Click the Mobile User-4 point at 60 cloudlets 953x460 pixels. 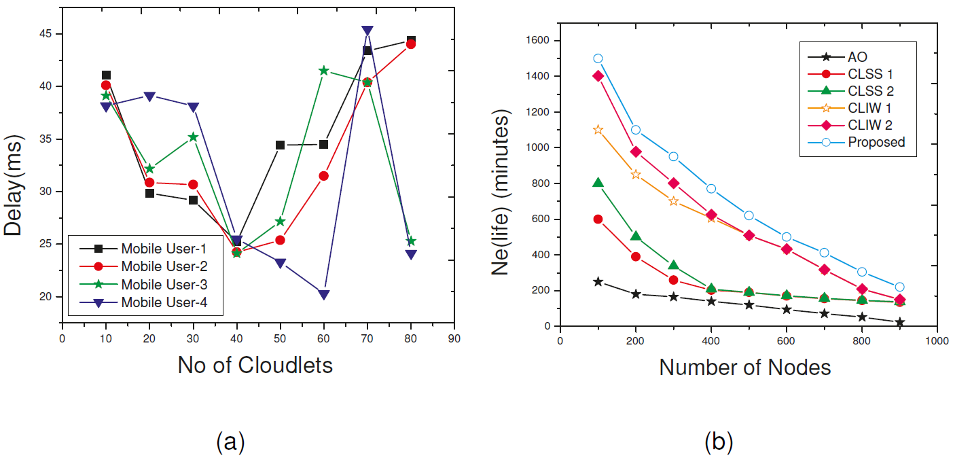[323, 295]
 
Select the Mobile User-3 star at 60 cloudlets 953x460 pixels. [323, 71]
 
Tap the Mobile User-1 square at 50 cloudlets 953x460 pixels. [280, 145]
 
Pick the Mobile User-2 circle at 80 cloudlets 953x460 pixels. [410, 44]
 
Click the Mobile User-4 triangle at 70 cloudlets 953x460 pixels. [367, 31]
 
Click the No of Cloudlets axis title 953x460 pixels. [255, 365]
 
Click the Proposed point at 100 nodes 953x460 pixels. [598, 58]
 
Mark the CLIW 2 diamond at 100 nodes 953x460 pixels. [598, 75]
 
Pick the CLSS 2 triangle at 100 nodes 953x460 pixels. [598, 183]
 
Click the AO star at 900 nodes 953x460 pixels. [899, 322]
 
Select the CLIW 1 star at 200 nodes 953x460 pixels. [636, 175]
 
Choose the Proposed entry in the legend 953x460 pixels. [876, 142]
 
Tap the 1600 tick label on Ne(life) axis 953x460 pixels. [537, 41]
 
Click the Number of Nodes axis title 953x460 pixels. [745, 368]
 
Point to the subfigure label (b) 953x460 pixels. [719, 442]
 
